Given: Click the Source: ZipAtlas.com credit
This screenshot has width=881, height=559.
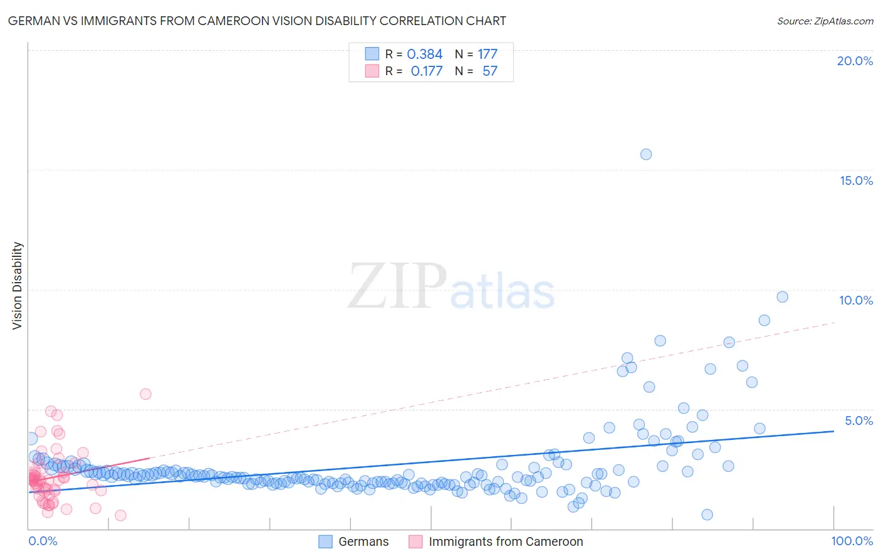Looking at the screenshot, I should tap(825, 21).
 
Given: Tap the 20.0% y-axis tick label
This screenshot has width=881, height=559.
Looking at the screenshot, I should tap(855, 61).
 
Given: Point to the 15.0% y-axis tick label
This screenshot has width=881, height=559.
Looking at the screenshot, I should tap(856, 180).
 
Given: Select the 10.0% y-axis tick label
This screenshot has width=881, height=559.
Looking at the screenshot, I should tap(856, 300).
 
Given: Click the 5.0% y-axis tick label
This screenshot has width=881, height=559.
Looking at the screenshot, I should tap(858, 421).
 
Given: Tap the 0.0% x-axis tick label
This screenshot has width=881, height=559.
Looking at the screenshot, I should tap(43, 541).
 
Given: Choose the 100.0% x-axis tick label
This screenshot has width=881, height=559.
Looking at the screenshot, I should tap(852, 541).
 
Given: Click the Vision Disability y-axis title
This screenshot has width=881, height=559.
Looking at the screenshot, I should tap(18, 285).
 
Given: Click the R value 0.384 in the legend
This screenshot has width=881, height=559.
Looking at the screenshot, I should tap(424, 55).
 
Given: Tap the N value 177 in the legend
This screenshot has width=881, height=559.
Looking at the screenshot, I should tap(487, 55).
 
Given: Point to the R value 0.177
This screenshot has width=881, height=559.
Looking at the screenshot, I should tap(426, 71).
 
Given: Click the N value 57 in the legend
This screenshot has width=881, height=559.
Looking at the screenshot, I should tap(489, 71).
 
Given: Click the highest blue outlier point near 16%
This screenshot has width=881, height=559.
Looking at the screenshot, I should tap(646, 154).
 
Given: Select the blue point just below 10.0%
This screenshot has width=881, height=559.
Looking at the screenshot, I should tap(782, 297).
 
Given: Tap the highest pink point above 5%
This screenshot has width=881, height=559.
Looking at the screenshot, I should tap(145, 394).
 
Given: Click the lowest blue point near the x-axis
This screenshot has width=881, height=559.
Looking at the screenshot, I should tap(707, 515).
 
